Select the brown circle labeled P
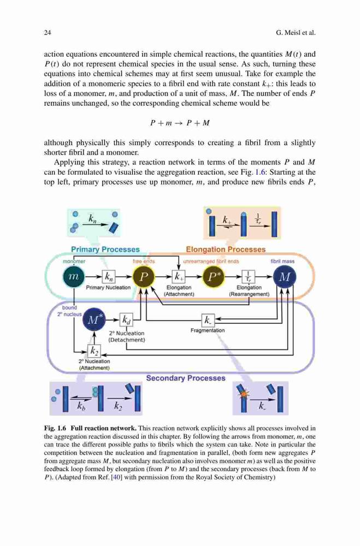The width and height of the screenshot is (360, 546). pos(144,277)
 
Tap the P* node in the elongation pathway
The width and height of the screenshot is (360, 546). pos(213,277)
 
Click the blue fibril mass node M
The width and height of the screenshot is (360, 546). pos(285,277)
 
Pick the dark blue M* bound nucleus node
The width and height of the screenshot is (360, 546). pos(93,319)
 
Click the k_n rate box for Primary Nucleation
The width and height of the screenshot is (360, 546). pos(108,277)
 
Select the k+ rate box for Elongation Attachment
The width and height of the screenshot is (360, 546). pos(179,277)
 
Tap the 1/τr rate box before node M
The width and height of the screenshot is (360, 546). pos(249,277)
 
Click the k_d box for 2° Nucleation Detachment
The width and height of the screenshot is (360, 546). pos(126,319)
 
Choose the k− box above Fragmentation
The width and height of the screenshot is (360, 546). pos(208,319)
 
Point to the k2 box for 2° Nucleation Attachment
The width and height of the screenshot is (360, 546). pos(94,351)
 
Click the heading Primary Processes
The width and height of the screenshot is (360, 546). pos(105,250)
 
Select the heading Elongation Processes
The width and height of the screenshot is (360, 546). pos(226,250)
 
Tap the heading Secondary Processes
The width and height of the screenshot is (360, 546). pos(186,378)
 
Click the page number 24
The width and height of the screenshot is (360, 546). pos(48,33)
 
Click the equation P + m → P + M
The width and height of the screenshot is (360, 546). pos(180,123)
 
